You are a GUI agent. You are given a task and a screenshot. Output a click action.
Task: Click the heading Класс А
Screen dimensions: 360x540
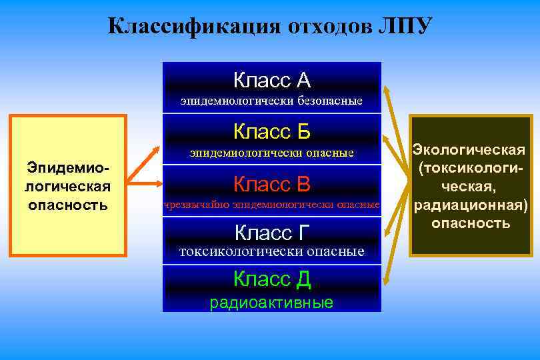click(272, 81)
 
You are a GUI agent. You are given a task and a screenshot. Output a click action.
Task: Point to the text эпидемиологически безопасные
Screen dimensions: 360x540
click(272, 101)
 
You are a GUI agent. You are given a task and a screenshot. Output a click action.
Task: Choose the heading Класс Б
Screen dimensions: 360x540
click(272, 131)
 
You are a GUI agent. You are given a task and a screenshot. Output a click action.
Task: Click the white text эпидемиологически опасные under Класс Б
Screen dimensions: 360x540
click(272, 153)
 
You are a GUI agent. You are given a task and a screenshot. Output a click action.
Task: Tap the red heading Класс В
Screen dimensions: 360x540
click(272, 183)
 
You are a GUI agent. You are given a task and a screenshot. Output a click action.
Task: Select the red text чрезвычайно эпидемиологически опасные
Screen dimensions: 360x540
click(272, 204)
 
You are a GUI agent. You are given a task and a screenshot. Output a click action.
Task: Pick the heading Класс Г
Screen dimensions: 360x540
click(272, 233)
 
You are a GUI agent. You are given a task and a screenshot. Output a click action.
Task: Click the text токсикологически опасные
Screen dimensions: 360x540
click(272, 251)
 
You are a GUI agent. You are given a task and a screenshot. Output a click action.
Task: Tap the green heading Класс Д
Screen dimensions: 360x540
click(272, 279)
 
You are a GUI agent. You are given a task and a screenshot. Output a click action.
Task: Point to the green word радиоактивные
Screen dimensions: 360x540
click(272, 303)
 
